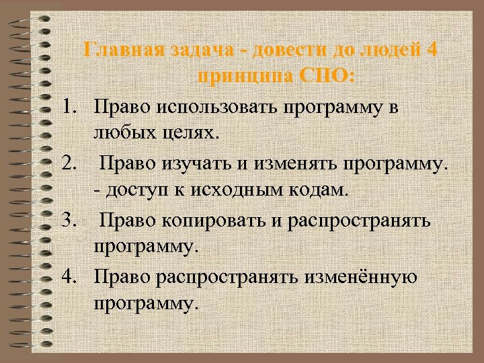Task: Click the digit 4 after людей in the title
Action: (x=432, y=50)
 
